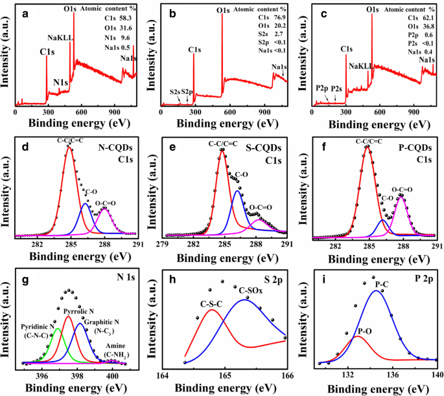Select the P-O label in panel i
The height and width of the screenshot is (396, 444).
tap(364, 331)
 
